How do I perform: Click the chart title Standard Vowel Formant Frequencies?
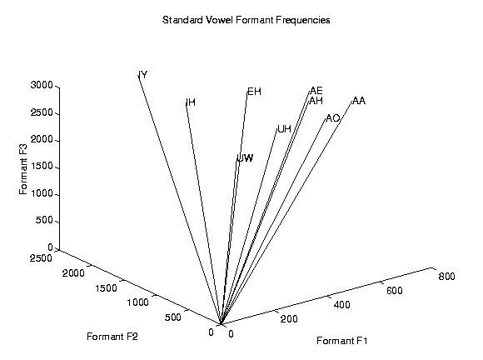coord(246,20)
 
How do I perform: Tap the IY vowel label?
coord(143,75)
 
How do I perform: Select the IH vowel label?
coord(191,102)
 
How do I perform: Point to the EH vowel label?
coord(255,92)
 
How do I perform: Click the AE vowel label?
coord(316,91)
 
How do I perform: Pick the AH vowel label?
coord(316,101)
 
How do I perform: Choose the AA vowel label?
coord(359,101)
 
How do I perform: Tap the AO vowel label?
coord(332,118)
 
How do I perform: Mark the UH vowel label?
coord(284,129)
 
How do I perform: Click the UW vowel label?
coord(246,158)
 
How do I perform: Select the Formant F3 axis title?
coord(23,169)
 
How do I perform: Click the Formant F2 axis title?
coord(112,337)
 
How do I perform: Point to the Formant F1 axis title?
coord(342,341)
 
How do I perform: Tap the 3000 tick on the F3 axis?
coord(42,85)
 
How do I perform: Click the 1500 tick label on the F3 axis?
coord(42,167)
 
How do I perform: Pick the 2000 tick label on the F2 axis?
coord(73,273)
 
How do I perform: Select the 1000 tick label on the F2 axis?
coord(137,302)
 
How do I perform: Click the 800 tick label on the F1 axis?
coord(446,277)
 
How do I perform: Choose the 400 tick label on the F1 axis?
coord(342,305)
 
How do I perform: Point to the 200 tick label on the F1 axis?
coord(289,319)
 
